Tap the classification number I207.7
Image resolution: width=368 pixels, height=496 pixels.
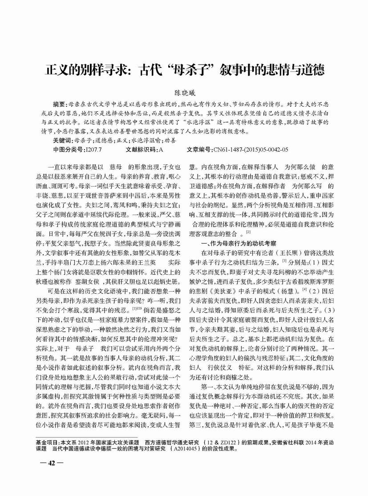[x=96, y=150]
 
